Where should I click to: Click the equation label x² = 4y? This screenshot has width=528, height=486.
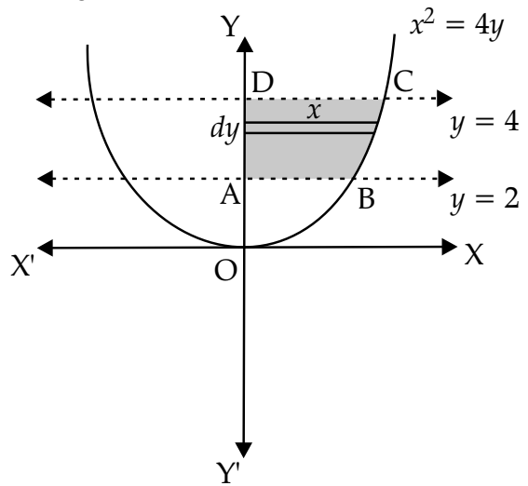456,26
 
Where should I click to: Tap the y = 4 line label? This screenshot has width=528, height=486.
484,124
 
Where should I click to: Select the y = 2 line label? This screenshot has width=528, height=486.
484,200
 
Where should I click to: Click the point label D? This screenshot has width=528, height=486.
263,83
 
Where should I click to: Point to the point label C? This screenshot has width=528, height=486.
403,82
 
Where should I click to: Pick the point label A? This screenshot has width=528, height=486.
231,196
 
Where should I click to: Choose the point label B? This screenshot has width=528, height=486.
366,199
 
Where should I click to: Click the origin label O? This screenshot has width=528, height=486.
225,271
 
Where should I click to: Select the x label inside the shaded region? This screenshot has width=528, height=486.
314,111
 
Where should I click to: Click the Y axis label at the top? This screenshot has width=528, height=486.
230,26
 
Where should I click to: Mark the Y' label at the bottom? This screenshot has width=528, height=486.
228,473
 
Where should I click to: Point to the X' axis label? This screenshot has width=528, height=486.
22,265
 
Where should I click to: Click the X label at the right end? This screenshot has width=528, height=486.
474,255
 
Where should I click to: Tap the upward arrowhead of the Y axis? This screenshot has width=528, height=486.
245,44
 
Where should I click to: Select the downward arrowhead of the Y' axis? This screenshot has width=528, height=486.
244,450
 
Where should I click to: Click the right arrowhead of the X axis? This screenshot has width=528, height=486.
449,247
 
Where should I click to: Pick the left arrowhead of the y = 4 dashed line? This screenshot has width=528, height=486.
44,100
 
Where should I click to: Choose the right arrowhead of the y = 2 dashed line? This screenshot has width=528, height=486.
445,179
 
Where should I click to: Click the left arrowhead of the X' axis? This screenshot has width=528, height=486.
46,248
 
